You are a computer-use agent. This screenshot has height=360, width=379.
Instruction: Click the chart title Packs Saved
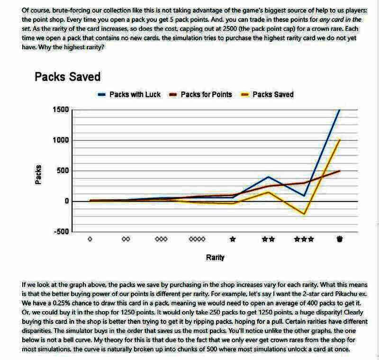click(67, 77)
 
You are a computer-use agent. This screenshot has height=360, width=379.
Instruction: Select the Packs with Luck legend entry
click(135, 94)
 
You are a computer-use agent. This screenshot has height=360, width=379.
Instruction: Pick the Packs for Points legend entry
click(206, 94)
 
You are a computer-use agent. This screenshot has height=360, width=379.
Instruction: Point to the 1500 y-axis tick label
click(60, 110)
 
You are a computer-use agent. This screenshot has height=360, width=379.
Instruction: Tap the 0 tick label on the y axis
click(66, 201)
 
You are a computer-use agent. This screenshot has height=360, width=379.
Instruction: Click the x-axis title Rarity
click(215, 258)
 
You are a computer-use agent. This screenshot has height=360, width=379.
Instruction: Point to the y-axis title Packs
click(39, 174)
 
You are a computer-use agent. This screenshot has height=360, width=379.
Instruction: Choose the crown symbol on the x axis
click(339, 240)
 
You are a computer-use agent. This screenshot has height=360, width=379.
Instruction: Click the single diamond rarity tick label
click(90, 240)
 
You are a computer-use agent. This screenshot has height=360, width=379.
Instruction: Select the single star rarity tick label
click(233, 240)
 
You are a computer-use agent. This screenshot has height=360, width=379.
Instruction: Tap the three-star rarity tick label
click(304, 240)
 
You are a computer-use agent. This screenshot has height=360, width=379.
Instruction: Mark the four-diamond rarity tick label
click(197, 240)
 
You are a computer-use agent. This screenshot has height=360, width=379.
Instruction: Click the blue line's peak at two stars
click(268, 177)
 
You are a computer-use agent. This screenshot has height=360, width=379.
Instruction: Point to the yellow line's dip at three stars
click(304, 214)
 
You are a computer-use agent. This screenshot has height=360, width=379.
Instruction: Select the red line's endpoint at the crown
click(339, 171)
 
